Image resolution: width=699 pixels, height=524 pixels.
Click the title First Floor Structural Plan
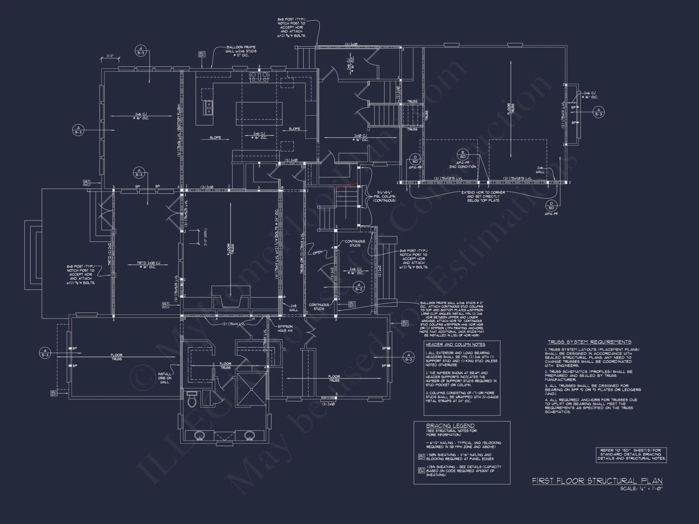(x=597, y=481)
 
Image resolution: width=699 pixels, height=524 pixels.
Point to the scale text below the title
(x=641, y=489)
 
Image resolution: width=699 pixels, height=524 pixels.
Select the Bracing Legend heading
(x=450, y=426)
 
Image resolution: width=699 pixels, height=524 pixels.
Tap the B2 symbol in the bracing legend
(x=421, y=470)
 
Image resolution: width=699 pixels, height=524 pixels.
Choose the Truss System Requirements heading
(x=589, y=342)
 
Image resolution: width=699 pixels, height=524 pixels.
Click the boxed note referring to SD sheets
(x=631, y=455)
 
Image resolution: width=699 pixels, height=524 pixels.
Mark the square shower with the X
(x=251, y=390)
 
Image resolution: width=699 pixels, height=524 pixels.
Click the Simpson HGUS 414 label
(x=286, y=328)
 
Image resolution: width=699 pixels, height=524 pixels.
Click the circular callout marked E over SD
(x=462, y=154)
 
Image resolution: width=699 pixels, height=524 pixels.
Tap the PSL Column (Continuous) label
(x=386, y=196)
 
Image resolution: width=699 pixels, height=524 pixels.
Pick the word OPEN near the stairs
(x=317, y=252)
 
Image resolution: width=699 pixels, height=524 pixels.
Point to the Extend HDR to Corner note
(x=483, y=196)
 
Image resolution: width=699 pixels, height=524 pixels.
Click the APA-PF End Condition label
(x=462, y=165)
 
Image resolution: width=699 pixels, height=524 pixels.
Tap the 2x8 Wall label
(x=293, y=308)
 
